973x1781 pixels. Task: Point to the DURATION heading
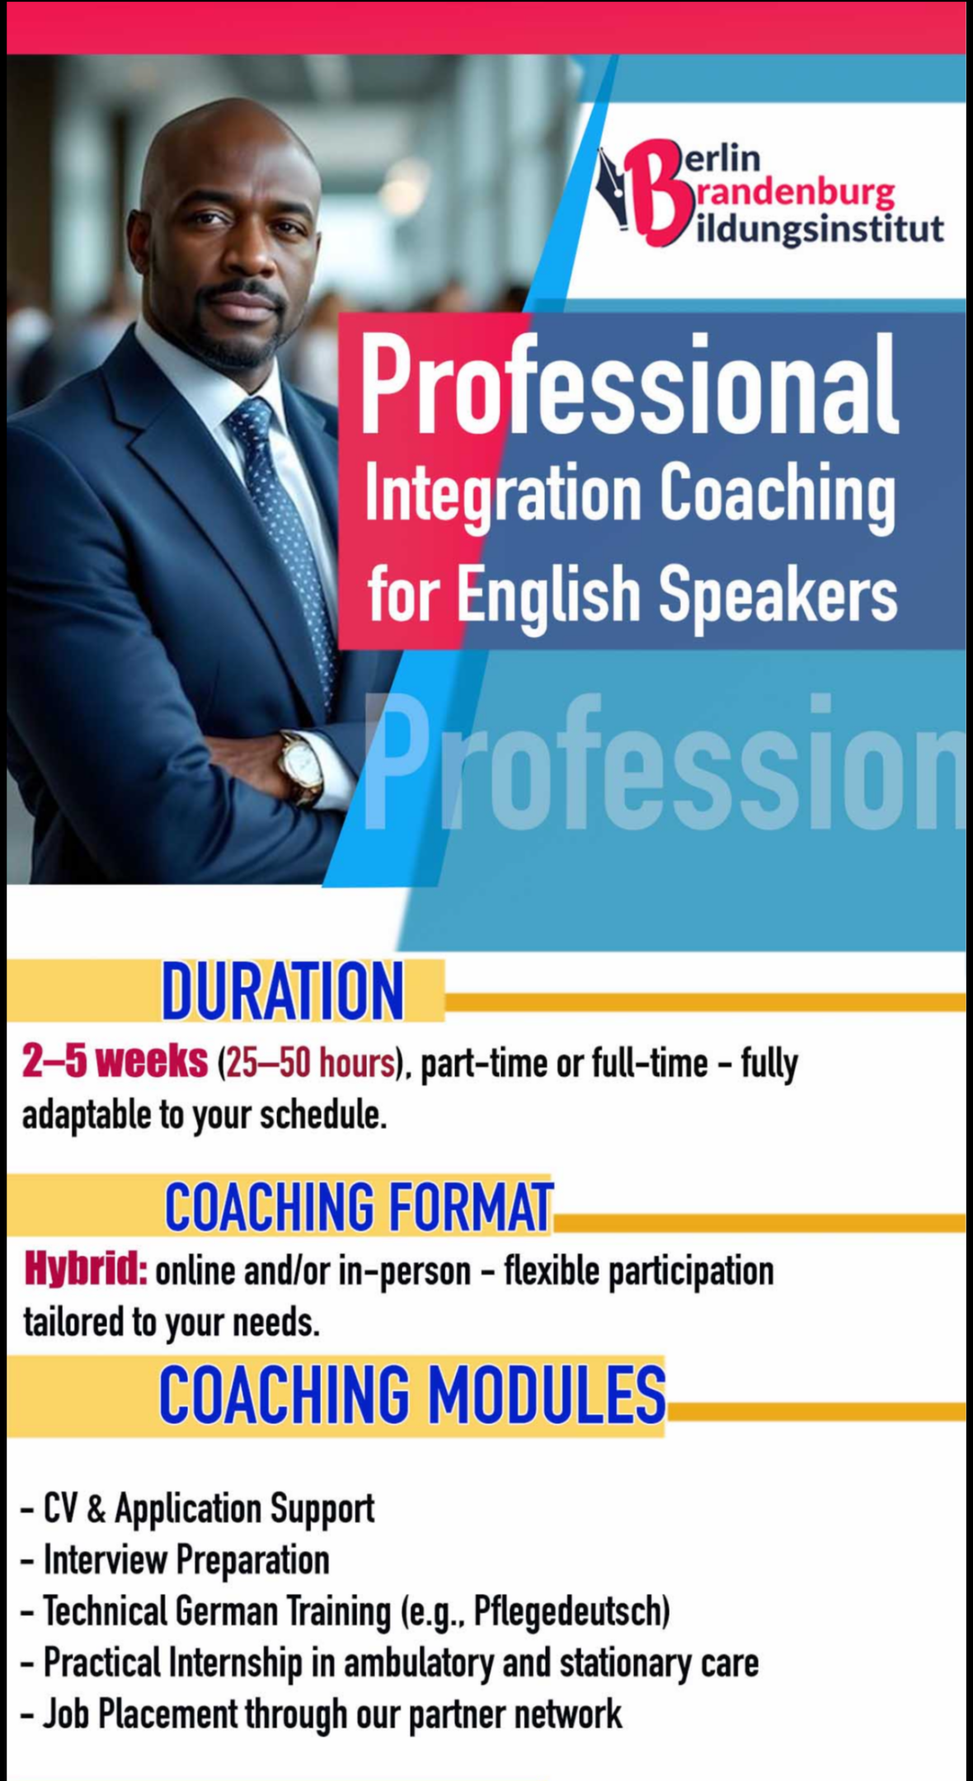point(283,990)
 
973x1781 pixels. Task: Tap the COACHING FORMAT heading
point(359,1206)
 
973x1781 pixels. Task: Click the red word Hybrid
point(86,1271)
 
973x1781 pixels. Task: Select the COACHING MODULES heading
point(412,1393)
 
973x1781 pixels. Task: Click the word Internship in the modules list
point(235,1663)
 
